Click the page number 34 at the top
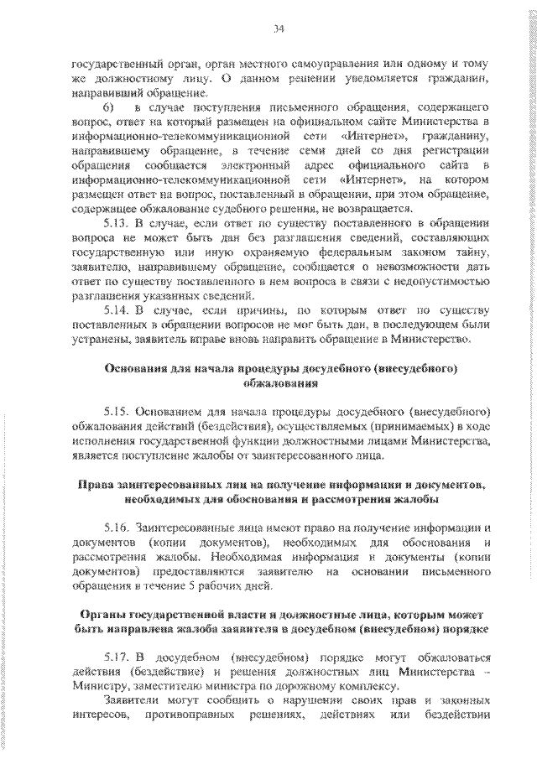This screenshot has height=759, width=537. pos(279,30)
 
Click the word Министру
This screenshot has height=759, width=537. pos(99,686)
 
